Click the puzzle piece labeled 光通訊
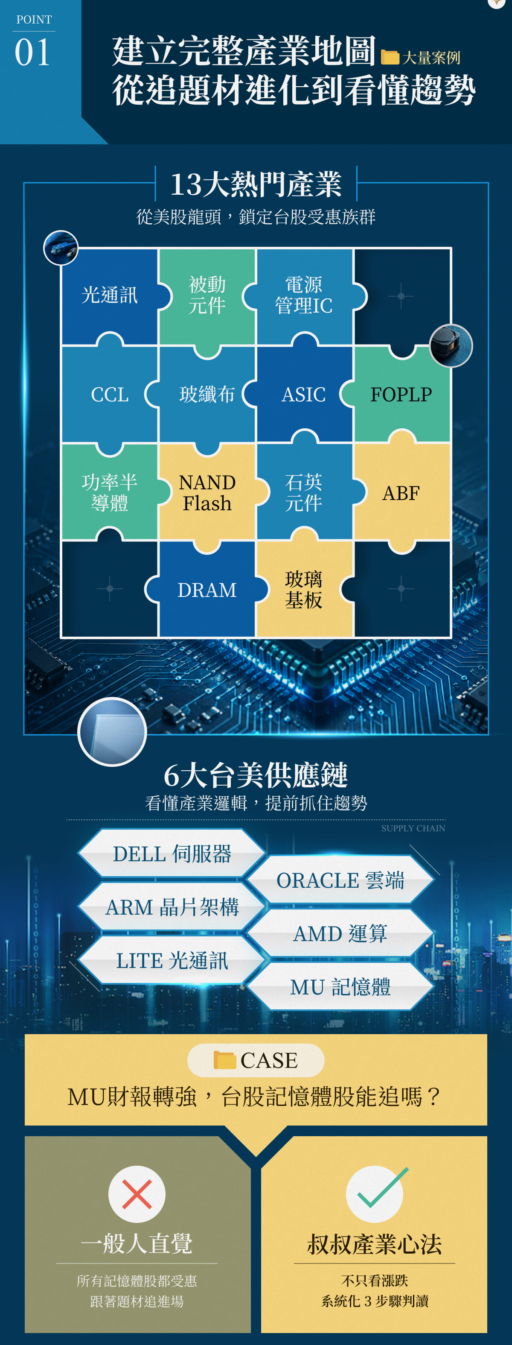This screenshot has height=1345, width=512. coord(110,295)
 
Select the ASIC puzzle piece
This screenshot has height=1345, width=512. coord(304,394)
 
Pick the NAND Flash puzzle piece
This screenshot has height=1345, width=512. coord(207,492)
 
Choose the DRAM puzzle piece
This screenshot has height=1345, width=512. coord(207,590)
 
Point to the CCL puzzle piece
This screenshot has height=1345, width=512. coord(110,394)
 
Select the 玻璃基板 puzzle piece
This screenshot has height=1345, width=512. coord(304,590)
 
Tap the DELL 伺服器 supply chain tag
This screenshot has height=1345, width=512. coord(172,854)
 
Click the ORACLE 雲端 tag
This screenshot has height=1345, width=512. coord(340,880)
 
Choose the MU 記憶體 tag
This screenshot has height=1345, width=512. coord(340,987)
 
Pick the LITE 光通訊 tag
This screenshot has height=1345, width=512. coord(172,960)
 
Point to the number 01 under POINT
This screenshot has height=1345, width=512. coord(32,53)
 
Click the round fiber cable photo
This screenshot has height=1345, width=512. coord(61,248)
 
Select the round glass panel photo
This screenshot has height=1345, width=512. coord(112,732)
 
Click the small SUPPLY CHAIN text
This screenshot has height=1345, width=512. coord(413,829)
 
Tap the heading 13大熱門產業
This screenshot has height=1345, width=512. coord(256,184)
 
